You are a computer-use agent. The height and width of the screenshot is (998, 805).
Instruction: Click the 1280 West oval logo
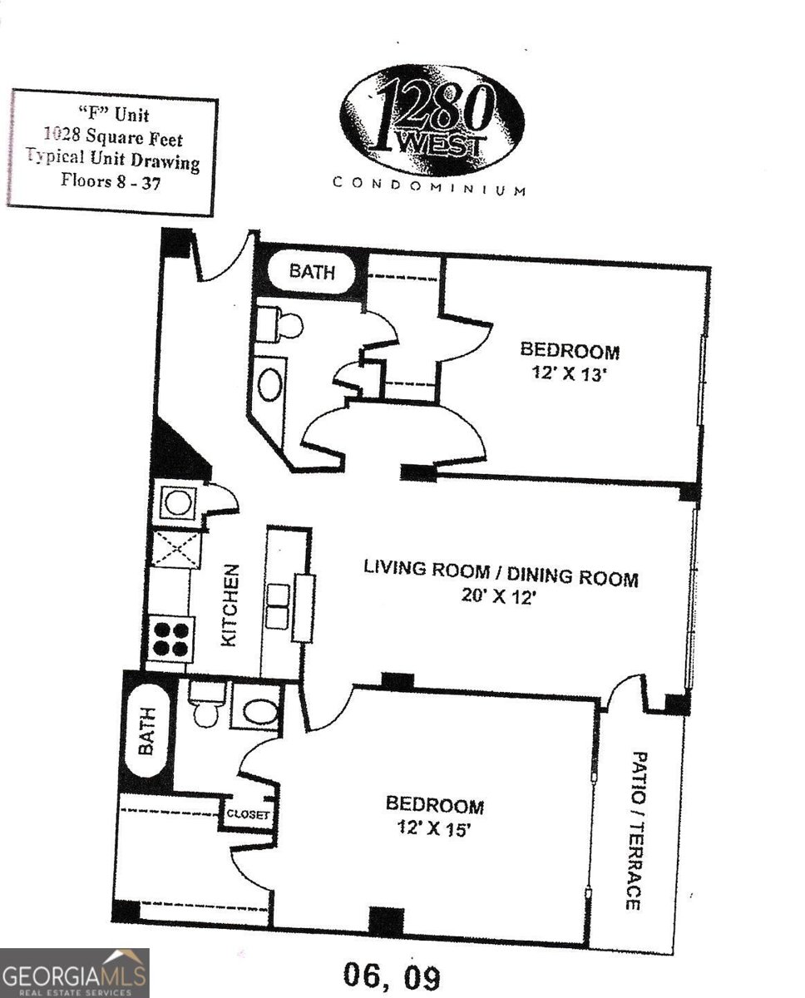(x=431, y=120)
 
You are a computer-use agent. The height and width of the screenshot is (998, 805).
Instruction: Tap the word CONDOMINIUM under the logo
(x=429, y=185)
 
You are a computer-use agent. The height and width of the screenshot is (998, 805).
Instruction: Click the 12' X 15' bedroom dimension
(x=433, y=829)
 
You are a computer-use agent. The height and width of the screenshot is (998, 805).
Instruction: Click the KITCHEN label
(x=230, y=605)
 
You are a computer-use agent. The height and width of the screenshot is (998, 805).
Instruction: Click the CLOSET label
(x=248, y=815)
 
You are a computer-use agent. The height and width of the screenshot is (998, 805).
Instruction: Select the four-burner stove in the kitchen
(x=171, y=640)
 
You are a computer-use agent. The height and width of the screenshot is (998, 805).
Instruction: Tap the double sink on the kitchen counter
(x=279, y=606)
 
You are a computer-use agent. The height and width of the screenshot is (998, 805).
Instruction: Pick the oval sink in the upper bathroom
(x=270, y=383)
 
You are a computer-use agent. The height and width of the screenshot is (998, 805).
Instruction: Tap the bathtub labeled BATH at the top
(x=313, y=273)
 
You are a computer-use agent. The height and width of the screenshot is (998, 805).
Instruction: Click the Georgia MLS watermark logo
(x=75, y=972)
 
